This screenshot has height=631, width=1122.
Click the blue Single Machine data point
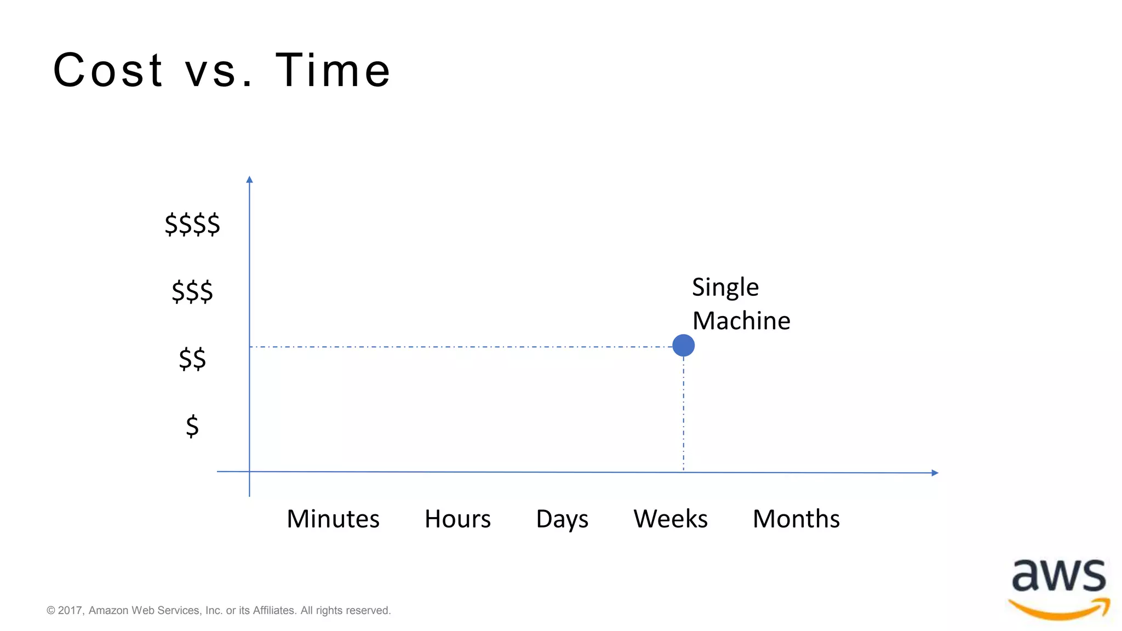pyautogui.click(x=683, y=346)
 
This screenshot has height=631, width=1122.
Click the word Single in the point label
pyautogui.click(x=725, y=288)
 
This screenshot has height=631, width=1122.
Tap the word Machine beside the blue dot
pyautogui.click(x=741, y=321)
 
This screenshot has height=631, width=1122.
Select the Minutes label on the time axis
pyautogui.click(x=333, y=519)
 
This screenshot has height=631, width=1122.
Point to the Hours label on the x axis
pyautogui.click(x=457, y=519)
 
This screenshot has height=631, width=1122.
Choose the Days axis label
pyautogui.click(x=562, y=519)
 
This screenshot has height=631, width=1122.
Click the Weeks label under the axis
pyautogui.click(x=670, y=519)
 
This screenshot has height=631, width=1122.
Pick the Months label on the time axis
pyautogui.click(x=795, y=519)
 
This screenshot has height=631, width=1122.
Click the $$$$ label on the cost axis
pyautogui.click(x=192, y=224)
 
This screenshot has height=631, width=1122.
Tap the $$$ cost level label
pyautogui.click(x=192, y=291)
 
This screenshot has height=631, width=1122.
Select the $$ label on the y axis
pyautogui.click(x=192, y=359)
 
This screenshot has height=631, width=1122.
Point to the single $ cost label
pyautogui.click(x=192, y=426)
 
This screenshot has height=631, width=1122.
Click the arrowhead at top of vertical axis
pyautogui.click(x=249, y=180)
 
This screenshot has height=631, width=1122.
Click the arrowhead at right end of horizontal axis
pyautogui.click(x=935, y=473)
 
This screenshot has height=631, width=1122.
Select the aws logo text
pyautogui.click(x=1058, y=576)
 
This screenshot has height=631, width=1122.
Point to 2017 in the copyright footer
pyautogui.click(x=70, y=610)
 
